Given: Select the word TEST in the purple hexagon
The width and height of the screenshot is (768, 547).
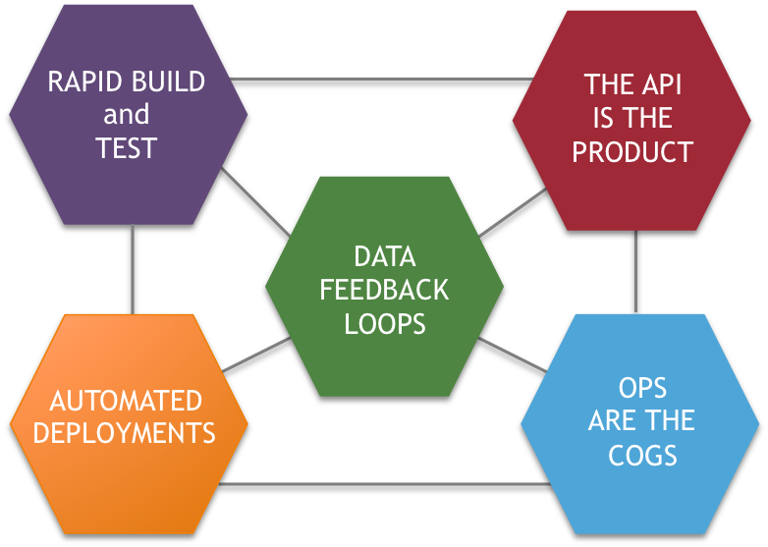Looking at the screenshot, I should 127,148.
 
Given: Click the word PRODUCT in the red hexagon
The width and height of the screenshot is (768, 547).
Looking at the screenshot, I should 632,152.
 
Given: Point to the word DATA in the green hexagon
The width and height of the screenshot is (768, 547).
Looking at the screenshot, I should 385,257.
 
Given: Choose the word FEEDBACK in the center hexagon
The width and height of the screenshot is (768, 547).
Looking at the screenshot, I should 385,291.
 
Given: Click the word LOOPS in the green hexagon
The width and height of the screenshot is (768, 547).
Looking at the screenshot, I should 385,324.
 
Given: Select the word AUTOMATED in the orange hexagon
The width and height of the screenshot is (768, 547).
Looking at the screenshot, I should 126,401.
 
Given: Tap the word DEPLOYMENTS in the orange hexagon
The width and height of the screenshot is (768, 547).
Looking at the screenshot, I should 125,433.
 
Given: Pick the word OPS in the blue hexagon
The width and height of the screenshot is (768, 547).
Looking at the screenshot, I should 642,387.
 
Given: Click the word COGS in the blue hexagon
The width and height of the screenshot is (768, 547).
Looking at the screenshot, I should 642,455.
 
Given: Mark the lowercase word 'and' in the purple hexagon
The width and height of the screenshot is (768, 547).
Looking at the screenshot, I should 127,115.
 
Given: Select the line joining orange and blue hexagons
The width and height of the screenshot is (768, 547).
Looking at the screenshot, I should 383,484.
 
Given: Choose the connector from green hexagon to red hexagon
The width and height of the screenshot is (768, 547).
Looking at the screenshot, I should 514,212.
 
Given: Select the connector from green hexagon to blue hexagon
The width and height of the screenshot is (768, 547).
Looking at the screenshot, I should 513,355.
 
